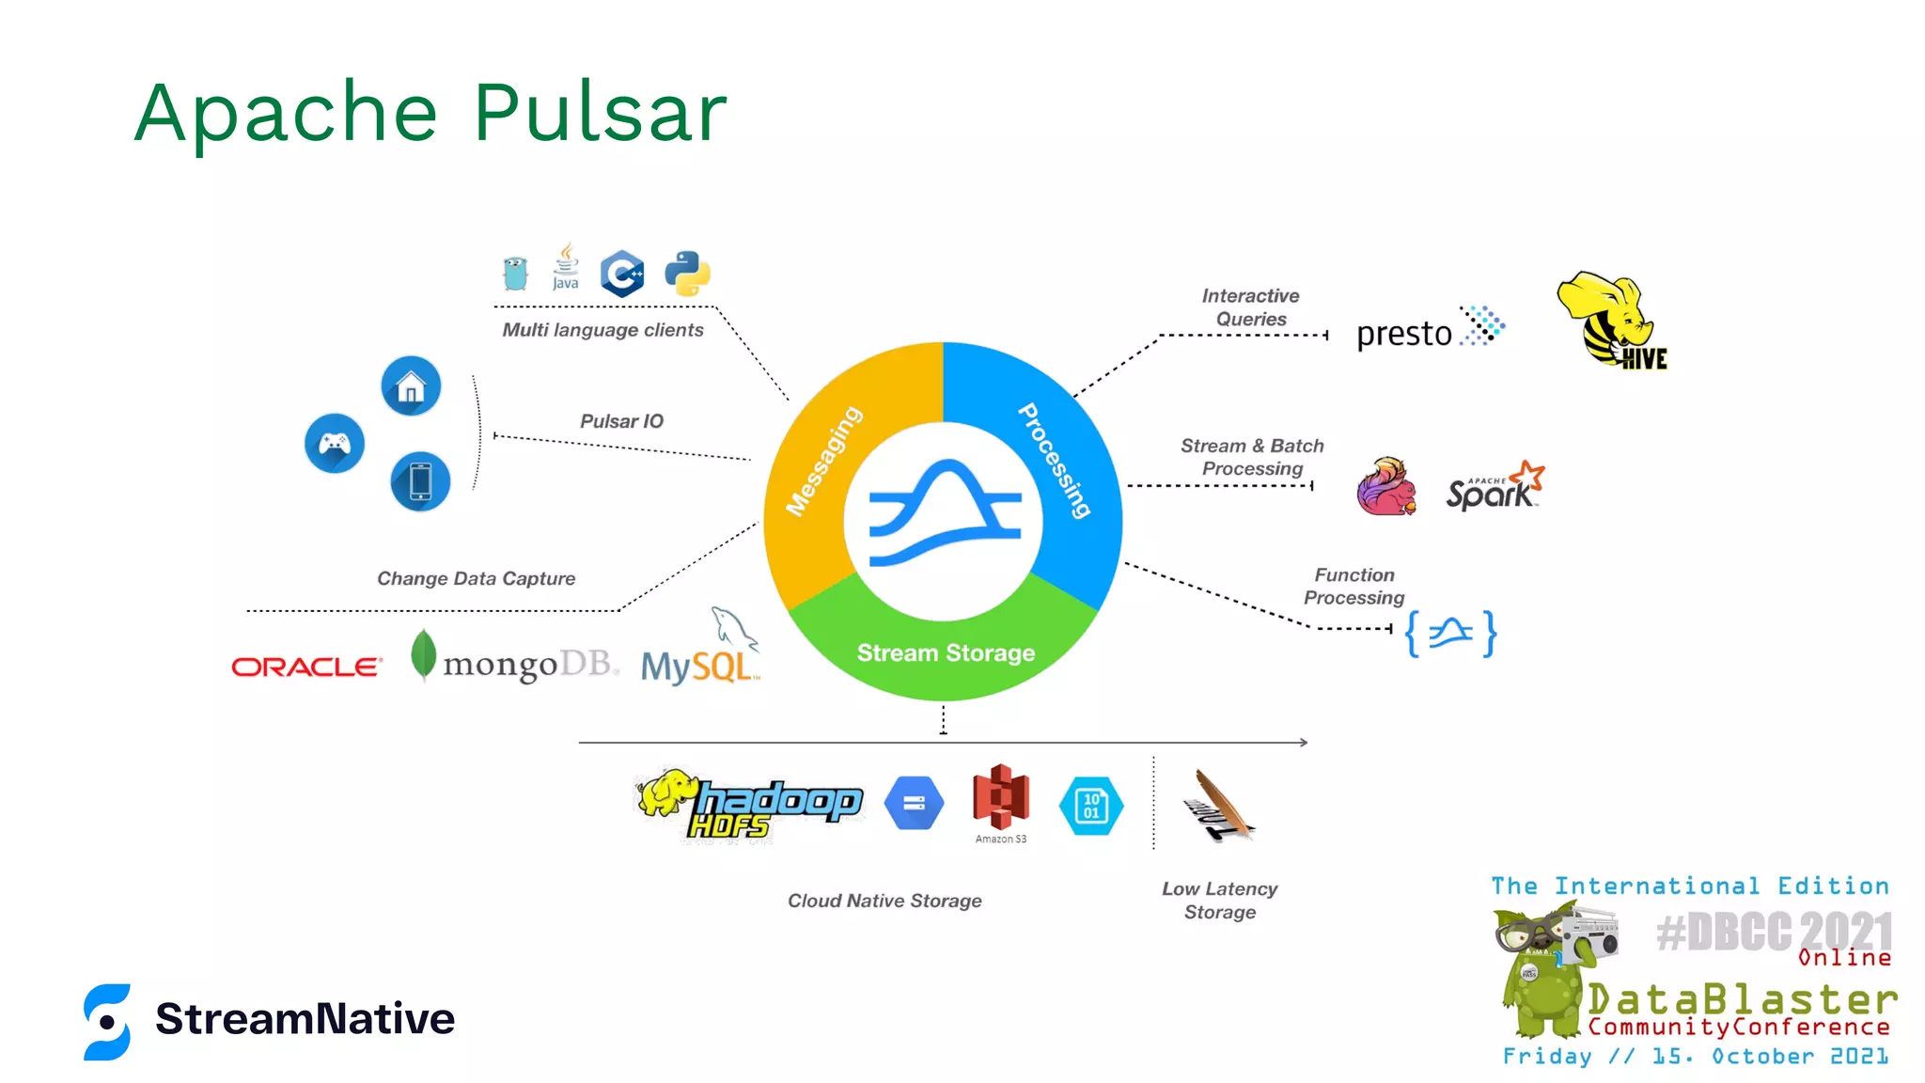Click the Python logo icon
click(687, 274)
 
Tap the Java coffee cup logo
click(566, 267)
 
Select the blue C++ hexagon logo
click(622, 275)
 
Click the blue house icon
click(411, 385)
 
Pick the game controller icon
click(335, 443)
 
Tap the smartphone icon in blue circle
click(420, 481)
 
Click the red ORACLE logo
click(307, 667)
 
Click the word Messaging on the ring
click(824, 461)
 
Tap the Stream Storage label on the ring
click(946, 652)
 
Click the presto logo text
click(1404, 334)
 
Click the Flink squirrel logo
click(1386, 486)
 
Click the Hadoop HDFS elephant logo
click(748, 805)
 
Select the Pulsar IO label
click(621, 421)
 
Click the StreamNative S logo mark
click(107, 1022)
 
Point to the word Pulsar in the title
click(600, 113)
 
